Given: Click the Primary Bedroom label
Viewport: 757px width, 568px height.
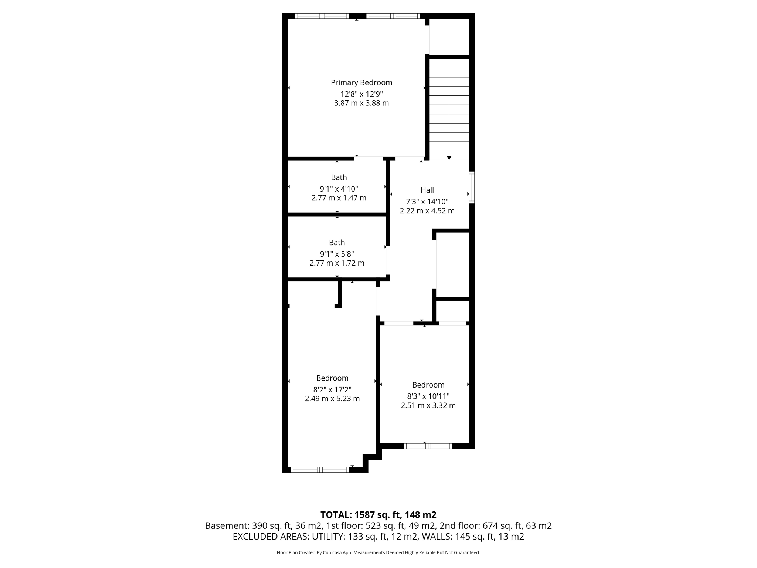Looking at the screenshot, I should (x=361, y=82).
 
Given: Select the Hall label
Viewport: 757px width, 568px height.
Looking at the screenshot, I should (x=427, y=190).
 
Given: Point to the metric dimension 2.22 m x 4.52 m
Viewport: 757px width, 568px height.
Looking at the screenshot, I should (x=427, y=211).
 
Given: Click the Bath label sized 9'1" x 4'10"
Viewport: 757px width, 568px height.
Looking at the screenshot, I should (x=339, y=177).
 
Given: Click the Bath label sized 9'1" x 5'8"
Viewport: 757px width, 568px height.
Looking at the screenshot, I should (x=337, y=243).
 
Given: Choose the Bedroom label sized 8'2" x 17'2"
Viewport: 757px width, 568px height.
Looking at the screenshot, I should (x=332, y=378).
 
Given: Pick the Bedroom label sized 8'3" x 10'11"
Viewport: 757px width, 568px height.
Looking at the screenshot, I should (x=428, y=385).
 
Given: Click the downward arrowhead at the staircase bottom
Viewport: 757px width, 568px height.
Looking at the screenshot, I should (x=449, y=158).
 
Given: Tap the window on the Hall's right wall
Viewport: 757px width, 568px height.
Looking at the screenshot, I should (x=472, y=187).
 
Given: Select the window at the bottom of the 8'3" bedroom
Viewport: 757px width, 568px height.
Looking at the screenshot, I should (x=428, y=446).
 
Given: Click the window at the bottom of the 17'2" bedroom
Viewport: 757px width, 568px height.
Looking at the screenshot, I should (x=320, y=470).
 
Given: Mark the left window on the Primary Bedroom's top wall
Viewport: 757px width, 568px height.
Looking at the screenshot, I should (x=322, y=16).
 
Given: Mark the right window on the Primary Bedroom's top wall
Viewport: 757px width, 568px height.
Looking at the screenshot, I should (x=393, y=16).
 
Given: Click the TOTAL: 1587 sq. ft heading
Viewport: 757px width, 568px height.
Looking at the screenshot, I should (x=378, y=515).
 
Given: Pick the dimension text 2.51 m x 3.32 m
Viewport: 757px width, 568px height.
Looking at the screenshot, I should (x=428, y=405).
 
